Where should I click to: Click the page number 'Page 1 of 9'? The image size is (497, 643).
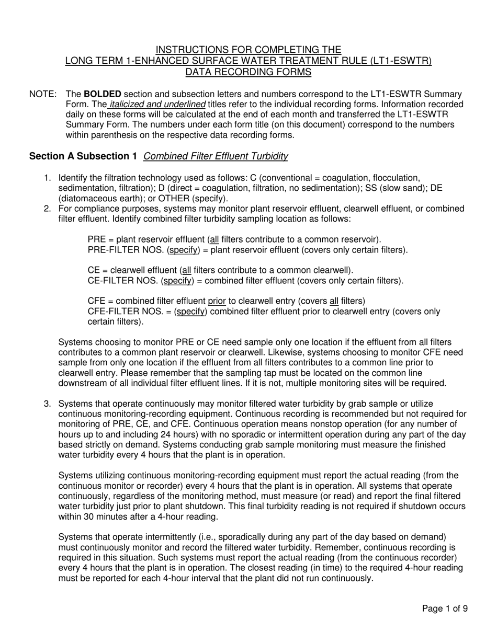point(445,608)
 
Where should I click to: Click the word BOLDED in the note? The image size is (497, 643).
point(102,94)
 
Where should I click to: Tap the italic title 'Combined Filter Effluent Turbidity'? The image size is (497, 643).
point(215,156)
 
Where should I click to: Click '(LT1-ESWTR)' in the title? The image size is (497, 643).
point(406,61)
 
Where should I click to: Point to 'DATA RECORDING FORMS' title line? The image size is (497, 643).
point(249,72)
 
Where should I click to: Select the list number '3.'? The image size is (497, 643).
point(48,404)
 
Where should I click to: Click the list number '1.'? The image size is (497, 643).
point(48,178)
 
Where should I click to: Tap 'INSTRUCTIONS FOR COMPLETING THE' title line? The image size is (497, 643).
point(249,50)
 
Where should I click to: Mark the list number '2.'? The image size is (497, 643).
point(48,209)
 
